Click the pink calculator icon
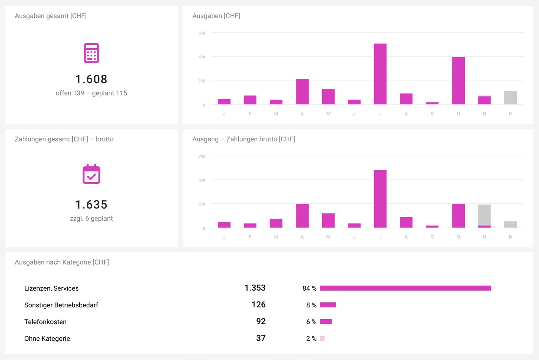91,53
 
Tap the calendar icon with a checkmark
91,174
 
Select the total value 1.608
91,79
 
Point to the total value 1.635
91,204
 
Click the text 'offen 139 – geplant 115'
91,93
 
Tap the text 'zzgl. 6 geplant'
91,219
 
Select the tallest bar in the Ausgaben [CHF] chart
380,74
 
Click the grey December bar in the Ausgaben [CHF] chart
510,98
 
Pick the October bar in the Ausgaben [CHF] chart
458,81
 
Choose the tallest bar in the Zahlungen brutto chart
380,199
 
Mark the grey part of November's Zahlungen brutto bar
484,215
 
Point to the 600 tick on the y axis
202,33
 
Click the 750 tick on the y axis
202,156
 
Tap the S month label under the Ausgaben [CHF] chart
432,114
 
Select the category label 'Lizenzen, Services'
51,288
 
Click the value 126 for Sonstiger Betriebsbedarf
258,305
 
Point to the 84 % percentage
309,288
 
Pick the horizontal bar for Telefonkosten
326,321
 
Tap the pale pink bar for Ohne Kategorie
322,338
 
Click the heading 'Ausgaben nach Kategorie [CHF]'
62,262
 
